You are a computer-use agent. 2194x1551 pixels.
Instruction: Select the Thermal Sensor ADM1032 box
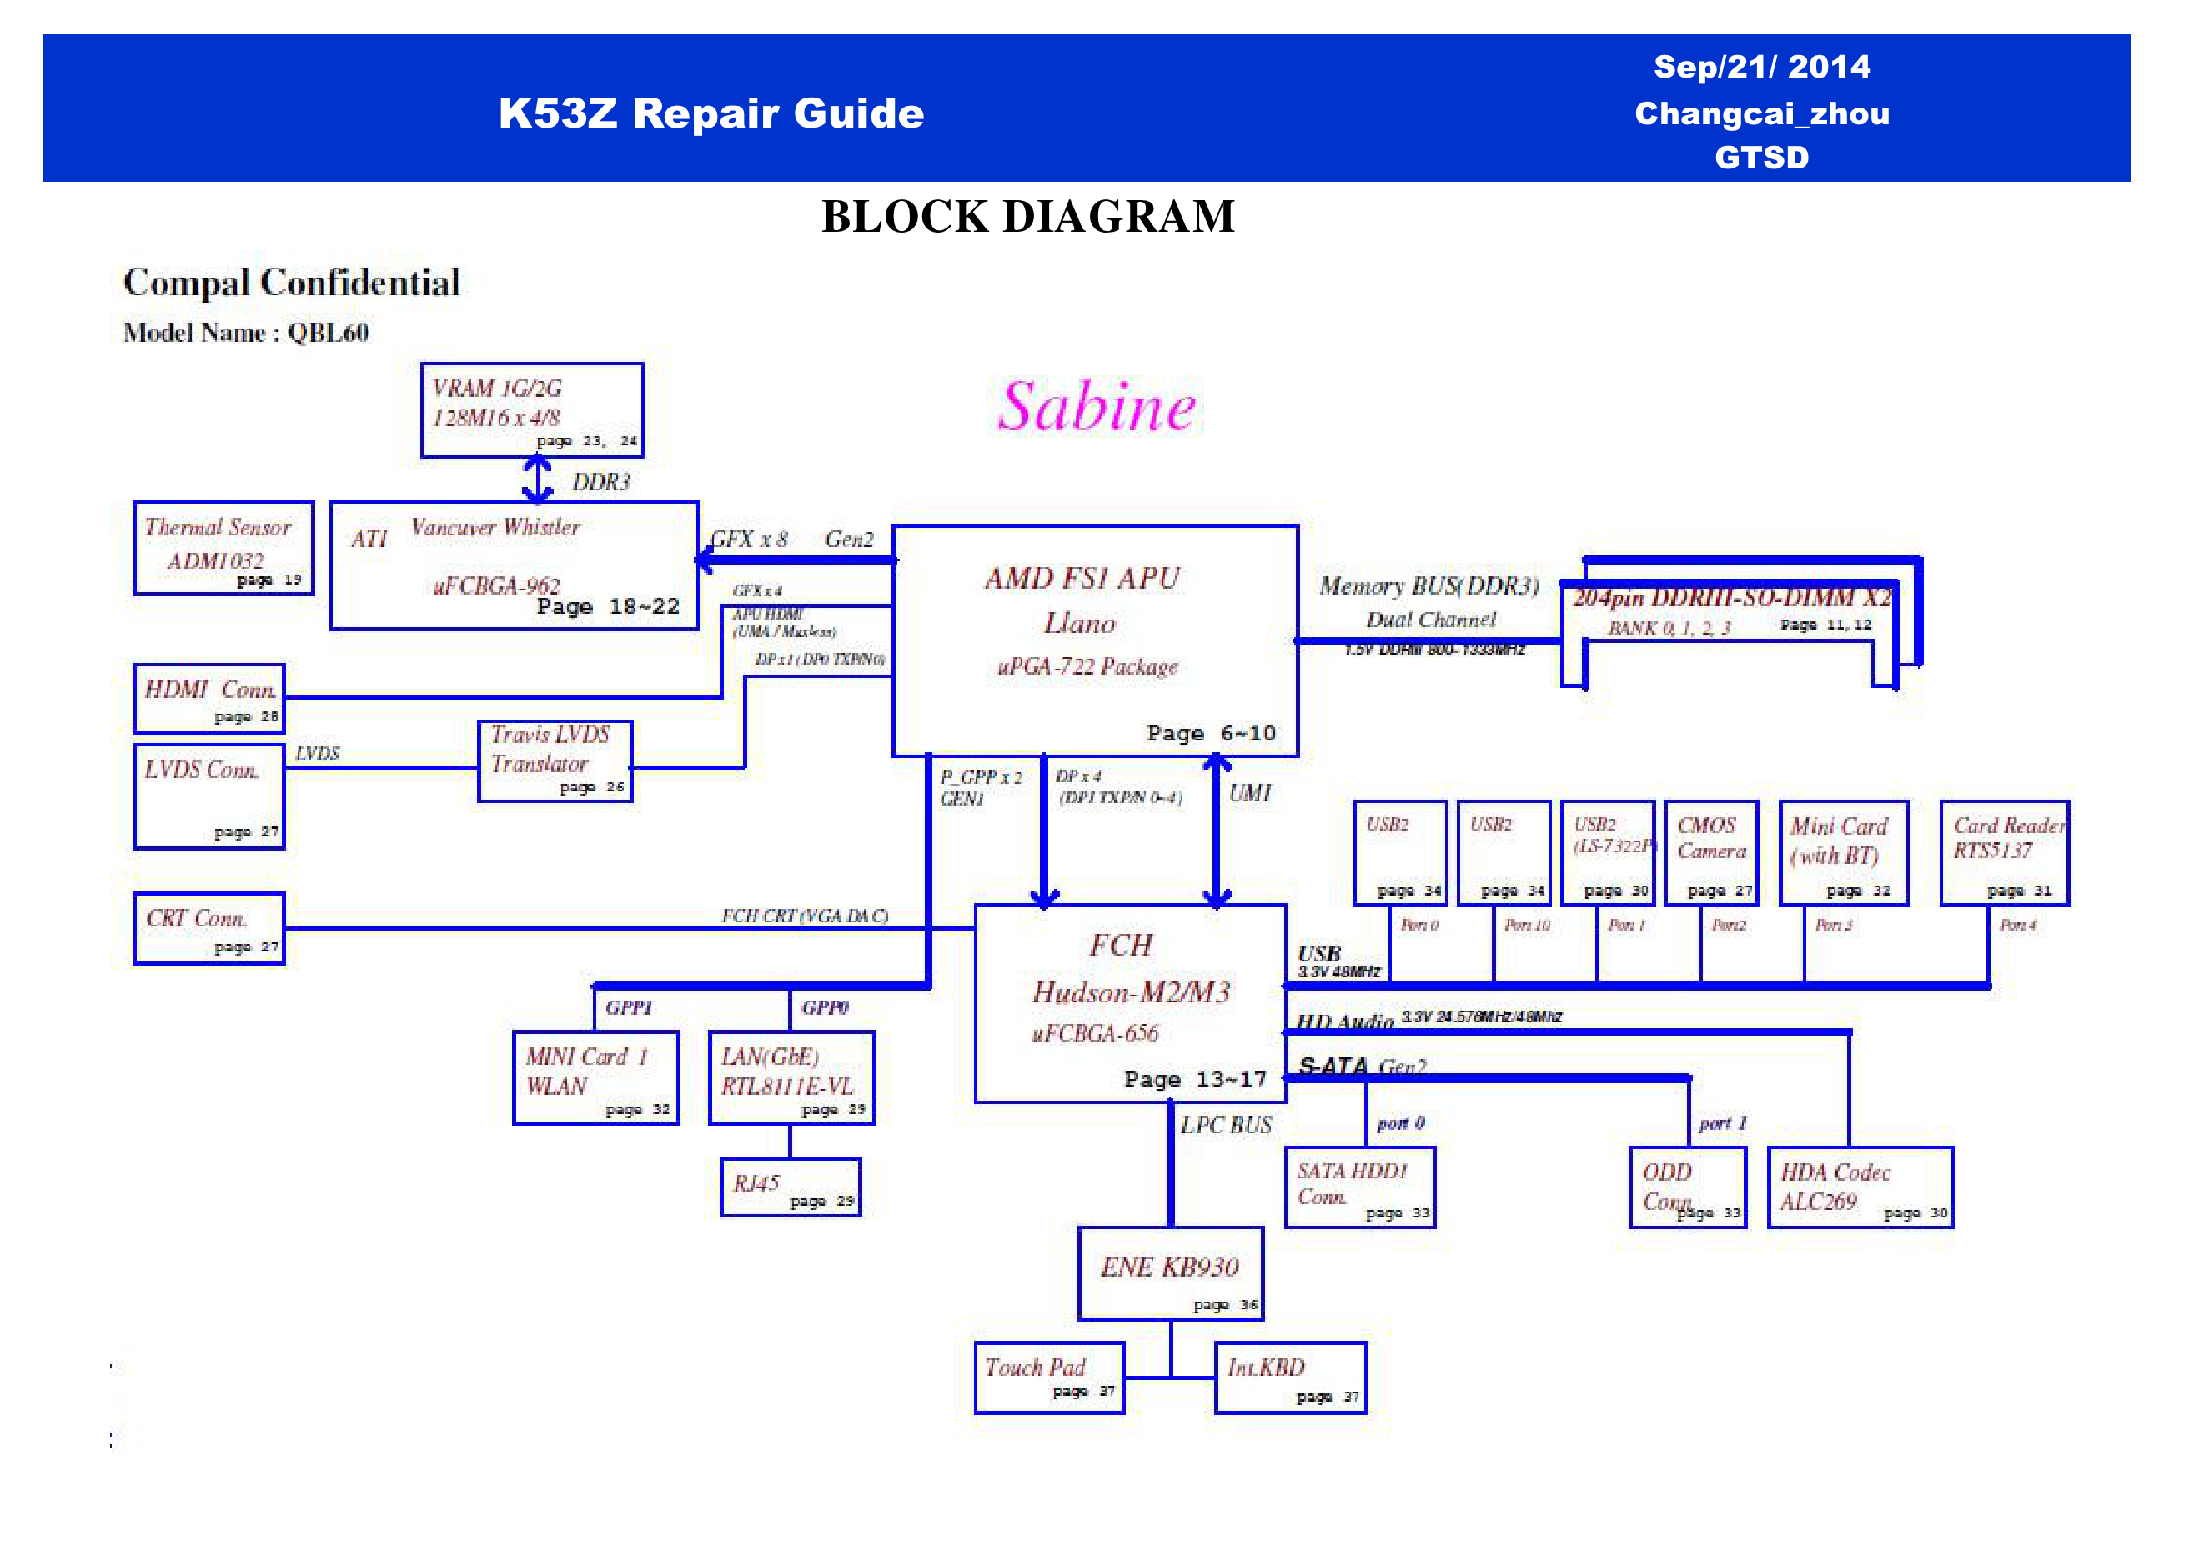223,549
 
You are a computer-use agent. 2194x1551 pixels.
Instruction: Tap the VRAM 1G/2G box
532,410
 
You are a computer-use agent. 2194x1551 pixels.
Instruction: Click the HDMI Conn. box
209,699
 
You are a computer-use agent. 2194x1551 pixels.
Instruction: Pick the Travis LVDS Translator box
555,760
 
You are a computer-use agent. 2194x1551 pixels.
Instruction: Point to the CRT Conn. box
209,928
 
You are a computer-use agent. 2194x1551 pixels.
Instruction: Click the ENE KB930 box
1171,1274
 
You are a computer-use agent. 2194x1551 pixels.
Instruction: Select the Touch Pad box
1049,1377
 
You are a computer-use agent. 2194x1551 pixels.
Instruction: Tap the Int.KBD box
1290,1377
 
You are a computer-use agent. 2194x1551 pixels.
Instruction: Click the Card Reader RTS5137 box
2004,852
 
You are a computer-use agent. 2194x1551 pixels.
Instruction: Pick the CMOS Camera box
1710,852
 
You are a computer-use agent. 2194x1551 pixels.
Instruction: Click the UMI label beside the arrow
1250,793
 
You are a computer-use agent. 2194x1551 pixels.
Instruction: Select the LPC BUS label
1226,1125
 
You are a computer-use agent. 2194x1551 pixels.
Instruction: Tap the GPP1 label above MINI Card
629,1007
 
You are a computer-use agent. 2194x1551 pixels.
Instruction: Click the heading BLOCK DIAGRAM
1028,217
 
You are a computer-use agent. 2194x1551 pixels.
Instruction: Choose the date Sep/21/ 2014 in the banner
1761,67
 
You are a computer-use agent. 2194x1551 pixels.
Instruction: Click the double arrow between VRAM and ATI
538,479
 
